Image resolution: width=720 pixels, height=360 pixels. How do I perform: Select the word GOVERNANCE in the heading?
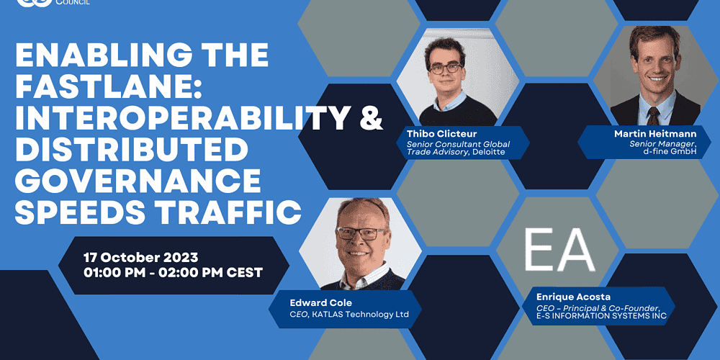tap(138, 181)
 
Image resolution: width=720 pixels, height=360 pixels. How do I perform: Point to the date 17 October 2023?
tap(140, 257)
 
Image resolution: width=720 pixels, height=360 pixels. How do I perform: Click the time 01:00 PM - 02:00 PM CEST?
tap(173, 272)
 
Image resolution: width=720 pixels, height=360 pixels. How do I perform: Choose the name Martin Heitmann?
tap(654, 134)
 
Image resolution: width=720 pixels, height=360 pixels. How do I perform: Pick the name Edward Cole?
tap(321, 302)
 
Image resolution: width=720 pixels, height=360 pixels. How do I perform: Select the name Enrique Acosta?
tap(574, 297)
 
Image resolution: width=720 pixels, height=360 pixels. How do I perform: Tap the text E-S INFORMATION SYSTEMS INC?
tap(601, 316)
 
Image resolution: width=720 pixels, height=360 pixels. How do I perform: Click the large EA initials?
tap(559, 250)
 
